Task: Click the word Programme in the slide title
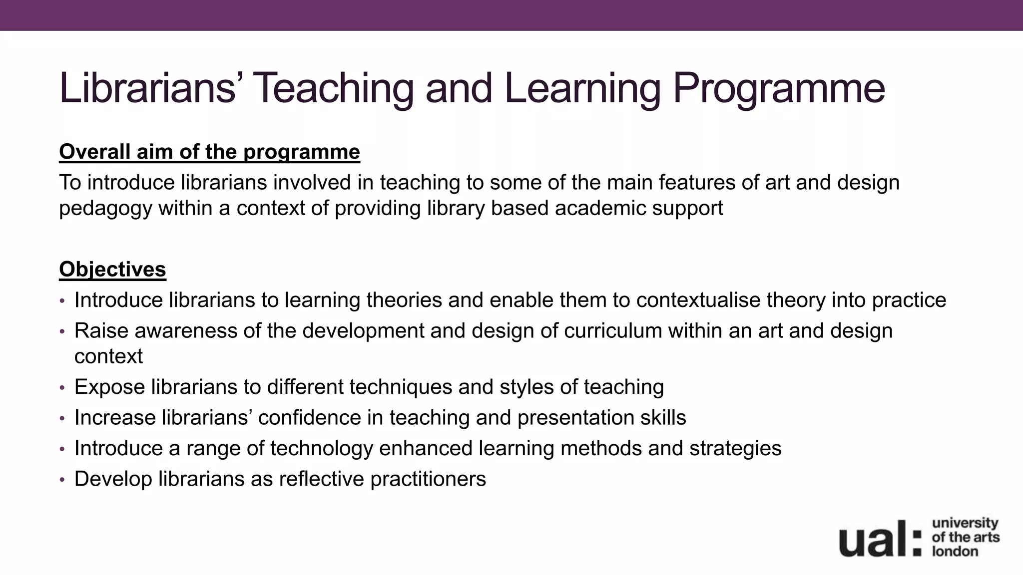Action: pyautogui.click(x=779, y=89)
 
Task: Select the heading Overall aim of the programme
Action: pyautogui.click(x=209, y=152)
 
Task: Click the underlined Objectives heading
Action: pyautogui.click(x=112, y=270)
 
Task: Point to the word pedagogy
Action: pyautogui.click(x=105, y=209)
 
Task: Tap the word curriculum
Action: pyautogui.click(x=613, y=331)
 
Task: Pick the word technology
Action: pyautogui.click(x=322, y=448)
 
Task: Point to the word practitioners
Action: pyautogui.click(x=428, y=479)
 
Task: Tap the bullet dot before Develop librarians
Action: pyautogui.click(x=62, y=480)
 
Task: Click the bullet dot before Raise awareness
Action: pyautogui.click(x=62, y=331)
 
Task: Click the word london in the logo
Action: pyautogui.click(x=955, y=552)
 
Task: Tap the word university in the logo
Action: pyautogui.click(x=965, y=523)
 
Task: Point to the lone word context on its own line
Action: pyautogui.click(x=108, y=357)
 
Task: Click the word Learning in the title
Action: pyautogui.click(x=582, y=89)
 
